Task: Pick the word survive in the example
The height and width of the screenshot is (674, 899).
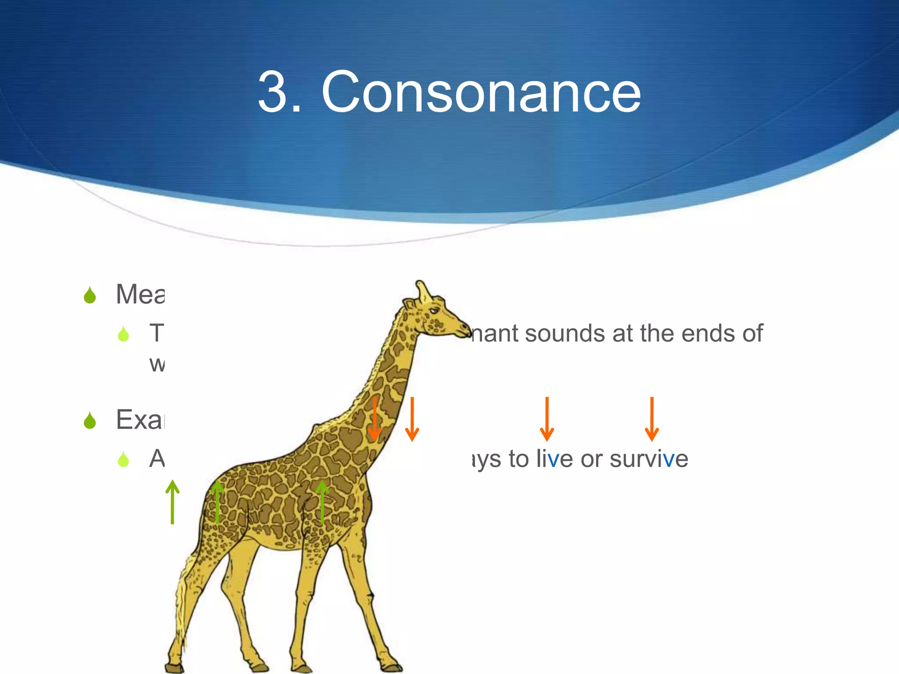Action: pos(648,459)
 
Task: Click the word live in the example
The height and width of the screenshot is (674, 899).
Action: pos(554,459)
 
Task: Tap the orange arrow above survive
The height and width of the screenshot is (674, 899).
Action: pos(651,419)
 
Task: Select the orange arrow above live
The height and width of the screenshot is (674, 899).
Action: pos(547,419)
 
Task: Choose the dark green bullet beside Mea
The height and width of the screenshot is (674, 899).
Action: pos(90,295)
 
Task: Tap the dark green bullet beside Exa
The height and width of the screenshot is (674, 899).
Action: pos(90,420)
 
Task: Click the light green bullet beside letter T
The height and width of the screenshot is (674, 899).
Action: pos(123,334)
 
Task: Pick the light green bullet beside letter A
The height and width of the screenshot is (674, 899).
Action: pos(123,459)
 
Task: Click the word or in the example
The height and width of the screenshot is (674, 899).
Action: pos(591,459)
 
